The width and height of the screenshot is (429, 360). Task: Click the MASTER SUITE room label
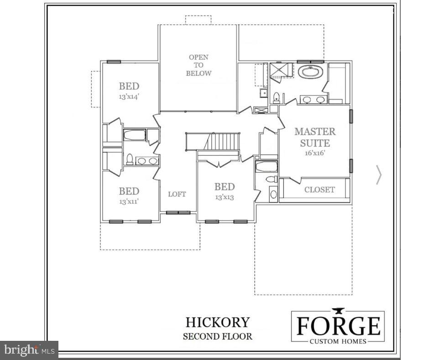tap(315, 137)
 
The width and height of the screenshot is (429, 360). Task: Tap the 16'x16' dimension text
tap(314, 154)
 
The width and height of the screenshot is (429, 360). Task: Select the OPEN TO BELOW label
tap(199, 65)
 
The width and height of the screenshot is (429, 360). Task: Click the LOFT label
tap(177, 194)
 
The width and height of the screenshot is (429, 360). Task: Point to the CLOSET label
tap(319, 190)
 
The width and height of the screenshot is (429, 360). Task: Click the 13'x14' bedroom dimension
tap(129, 97)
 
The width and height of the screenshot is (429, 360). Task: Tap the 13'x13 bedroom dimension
tap(225, 197)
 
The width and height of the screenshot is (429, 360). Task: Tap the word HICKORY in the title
tap(218, 322)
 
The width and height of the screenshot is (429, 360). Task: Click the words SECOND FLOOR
tap(218, 337)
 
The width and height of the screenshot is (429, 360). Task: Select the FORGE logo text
tap(338, 326)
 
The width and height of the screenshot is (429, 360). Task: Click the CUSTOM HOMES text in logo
tap(338, 341)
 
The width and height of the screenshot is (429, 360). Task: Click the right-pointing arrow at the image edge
tap(378, 175)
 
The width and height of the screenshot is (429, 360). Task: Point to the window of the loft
tap(178, 212)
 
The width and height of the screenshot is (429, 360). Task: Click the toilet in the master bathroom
tap(276, 96)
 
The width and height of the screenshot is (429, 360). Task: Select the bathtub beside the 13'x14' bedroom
tap(135, 135)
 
